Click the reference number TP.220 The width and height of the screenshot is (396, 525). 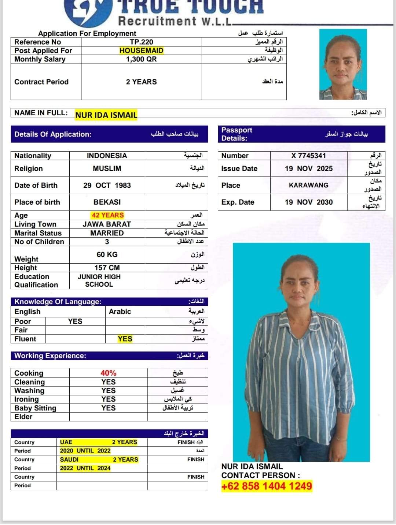(x=141, y=42)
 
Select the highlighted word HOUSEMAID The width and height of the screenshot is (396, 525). (x=141, y=51)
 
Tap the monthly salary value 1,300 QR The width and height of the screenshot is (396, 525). (x=141, y=59)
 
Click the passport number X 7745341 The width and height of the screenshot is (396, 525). (x=308, y=156)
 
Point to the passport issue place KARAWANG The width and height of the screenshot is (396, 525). (x=308, y=185)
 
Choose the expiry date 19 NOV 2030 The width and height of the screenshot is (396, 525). (x=309, y=202)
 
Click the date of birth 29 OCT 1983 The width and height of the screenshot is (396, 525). (x=107, y=185)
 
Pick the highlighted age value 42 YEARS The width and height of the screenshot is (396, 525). (x=107, y=215)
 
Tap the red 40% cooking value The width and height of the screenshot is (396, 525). (x=108, y=373)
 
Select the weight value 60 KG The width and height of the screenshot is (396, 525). (x=107, y=254)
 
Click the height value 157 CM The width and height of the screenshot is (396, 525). (x=107, y=268)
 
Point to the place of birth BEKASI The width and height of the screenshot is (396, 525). (x=107, y=202)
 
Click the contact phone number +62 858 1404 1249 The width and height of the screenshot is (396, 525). (x=267, y=486)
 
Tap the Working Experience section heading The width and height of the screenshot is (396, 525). (x=50, y=356)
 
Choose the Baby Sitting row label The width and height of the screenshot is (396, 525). (x=35, y=408)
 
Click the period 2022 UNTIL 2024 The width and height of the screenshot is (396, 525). (x=85, y=468)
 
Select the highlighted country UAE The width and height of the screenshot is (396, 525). (x=66, y=442)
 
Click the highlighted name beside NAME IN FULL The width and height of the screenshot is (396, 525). (x=106, y=115)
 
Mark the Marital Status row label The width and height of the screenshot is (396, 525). (x=38, y=233)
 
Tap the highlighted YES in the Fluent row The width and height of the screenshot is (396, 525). (x=125, y=339)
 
